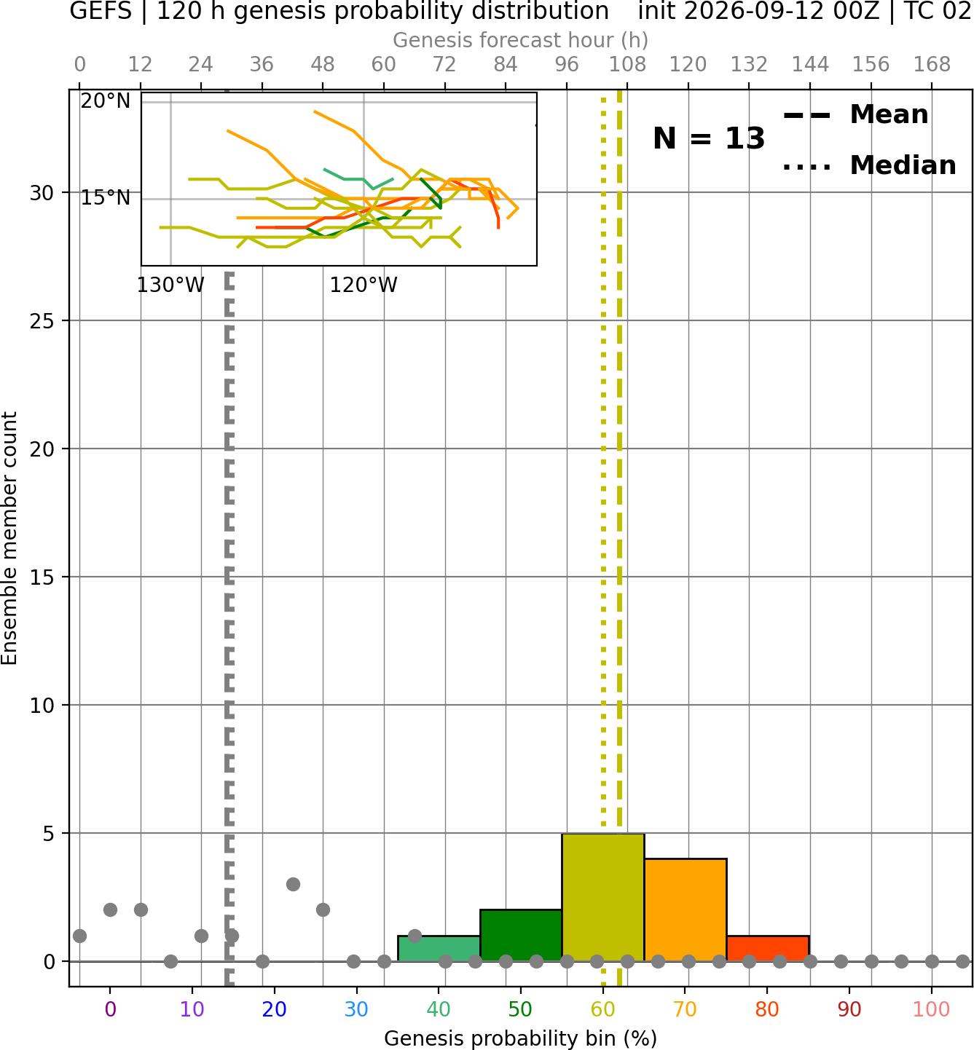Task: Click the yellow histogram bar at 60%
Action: click(x=602, y=896)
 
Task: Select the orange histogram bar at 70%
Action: click(x=685, y=909)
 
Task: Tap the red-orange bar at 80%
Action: click(x=768, y=948)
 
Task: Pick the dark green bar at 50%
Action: click(x=521, y=935)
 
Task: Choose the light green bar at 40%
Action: click(x=439, y=948)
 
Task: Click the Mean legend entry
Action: click(x=855, y=115)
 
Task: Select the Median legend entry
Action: click(x=870, y=165)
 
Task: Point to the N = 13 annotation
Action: click(x=708, y=138)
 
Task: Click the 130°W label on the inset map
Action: click(x=170, y=285)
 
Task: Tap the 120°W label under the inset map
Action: click(x=364, y=285)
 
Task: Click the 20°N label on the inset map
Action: click(x=106, y=101)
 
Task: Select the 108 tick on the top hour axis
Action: click(x=627, y=65)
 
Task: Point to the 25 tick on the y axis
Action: click(x=42, y=320)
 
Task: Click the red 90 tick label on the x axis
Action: click(x=849, y=1010)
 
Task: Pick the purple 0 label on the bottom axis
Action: click(x=110, y=1010)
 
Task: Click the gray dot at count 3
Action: click(x=293, y=884)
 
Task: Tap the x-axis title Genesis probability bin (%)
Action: click(x=521, y=1038)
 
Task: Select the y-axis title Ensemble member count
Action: click(x=9, y=538)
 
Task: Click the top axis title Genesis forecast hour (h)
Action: click(x=521, y=41)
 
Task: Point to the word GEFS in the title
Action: click(x=101, y=11)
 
